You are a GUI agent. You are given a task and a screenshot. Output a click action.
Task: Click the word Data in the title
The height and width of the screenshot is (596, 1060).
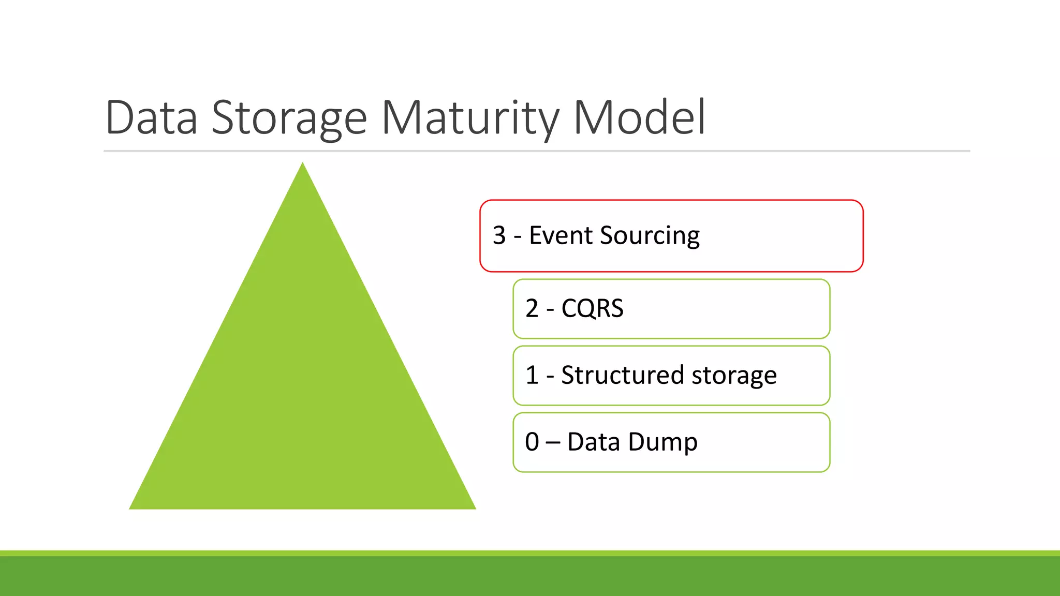[x=151, y=117]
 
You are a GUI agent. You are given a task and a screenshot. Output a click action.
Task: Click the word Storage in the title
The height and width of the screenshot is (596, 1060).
[x=289, y=117]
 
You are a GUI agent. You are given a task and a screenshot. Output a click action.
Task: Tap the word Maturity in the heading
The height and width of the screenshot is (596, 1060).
[x=470, y=117]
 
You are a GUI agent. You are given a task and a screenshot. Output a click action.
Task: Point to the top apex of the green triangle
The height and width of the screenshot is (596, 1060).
[x=303, y=165]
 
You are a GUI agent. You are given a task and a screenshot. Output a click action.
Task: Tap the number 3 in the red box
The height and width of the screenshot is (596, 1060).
[x=499, y=235]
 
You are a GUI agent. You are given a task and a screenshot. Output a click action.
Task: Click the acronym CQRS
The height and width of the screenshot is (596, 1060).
[x=592, y=308]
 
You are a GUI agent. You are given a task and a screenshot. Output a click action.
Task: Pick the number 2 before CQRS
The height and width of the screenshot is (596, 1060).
[x=532, y=308]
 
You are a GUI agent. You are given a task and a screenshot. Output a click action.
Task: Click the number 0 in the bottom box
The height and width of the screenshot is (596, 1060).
[x=532, y=442]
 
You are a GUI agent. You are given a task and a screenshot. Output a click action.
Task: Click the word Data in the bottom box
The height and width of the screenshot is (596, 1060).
[x=593, y=442]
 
